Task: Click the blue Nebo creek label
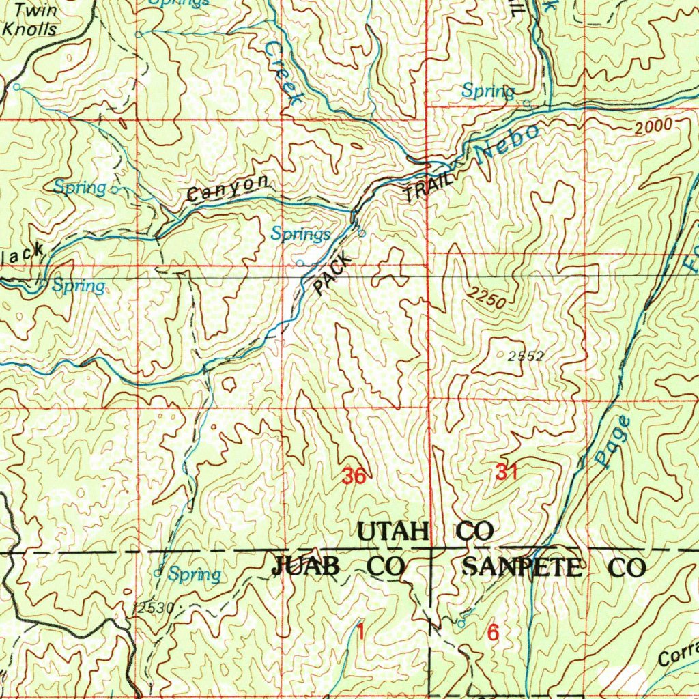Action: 508,143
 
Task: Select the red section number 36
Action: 354,476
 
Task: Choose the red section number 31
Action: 506,472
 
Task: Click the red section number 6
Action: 493,633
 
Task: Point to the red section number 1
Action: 360,633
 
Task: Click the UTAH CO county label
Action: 425,531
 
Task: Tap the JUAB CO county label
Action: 339,567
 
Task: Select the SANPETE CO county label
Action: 554,568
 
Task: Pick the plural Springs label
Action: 300,234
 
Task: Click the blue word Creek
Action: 283,72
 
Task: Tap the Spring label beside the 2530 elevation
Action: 195,574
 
